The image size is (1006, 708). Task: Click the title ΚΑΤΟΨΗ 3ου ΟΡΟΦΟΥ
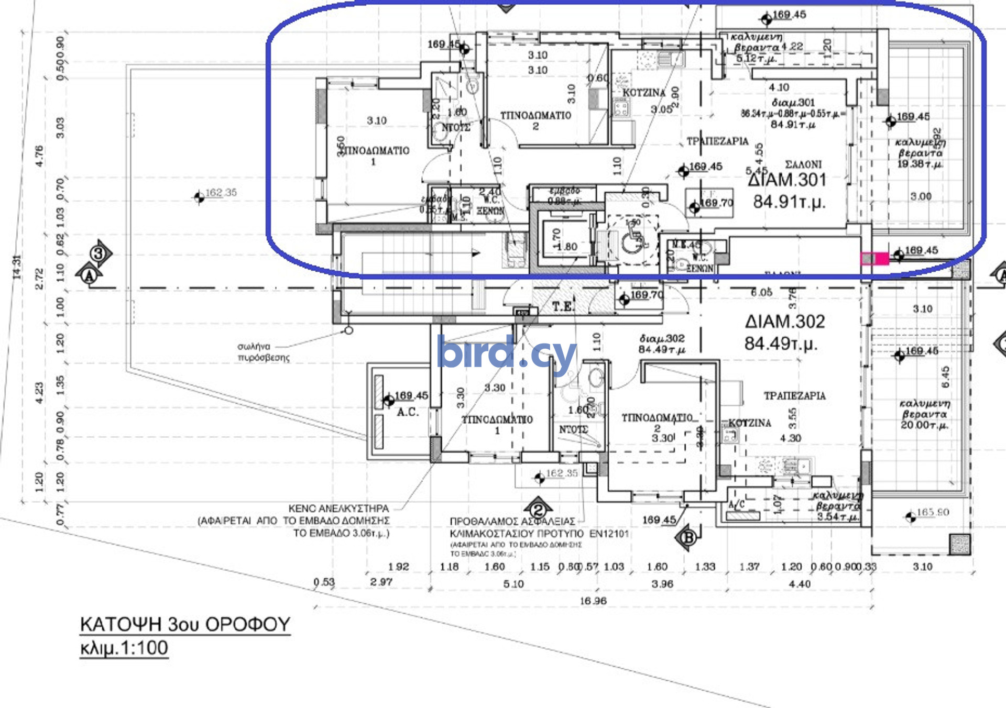184,624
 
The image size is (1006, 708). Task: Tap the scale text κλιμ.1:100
124,648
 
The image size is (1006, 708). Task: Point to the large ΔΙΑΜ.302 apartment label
784,321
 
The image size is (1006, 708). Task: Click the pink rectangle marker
874,258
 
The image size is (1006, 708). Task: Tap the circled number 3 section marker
99,254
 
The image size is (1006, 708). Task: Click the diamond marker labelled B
688,537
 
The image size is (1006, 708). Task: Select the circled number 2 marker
538,510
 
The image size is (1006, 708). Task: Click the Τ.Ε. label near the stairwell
563,306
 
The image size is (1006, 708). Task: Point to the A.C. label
407,412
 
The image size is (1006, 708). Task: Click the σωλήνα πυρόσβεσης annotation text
263,352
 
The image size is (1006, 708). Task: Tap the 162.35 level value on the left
221,193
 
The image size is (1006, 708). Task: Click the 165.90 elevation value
933,512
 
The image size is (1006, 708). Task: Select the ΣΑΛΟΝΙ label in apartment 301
803,164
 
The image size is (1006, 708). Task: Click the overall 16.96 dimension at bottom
593,601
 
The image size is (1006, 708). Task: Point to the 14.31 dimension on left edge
17,267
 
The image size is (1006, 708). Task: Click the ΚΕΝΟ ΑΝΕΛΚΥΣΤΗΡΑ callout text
338,508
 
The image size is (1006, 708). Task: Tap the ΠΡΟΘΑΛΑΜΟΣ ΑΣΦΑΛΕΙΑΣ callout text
512,522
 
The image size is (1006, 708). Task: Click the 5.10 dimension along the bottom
513,583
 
